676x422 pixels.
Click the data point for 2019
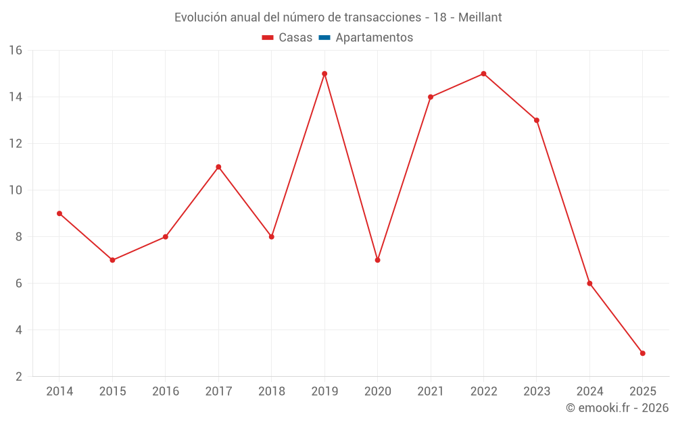[x=324, y=74]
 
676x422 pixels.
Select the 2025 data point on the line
[x=642, y=353]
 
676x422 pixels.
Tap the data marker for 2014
[x=59, y=213]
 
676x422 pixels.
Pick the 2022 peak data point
[x=483, y=74]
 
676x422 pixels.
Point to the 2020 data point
[x=377, y=260]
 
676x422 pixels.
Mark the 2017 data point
[x=218, y=167]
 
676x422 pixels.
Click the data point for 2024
[x=589, y=284]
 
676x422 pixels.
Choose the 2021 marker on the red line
[x=431, y=97]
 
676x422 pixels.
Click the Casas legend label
[x=295, y=38]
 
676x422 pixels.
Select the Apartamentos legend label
[x=374, y=38]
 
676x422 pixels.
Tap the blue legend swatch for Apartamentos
[x=324, y=38]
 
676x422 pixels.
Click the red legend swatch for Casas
[x=268, y=38]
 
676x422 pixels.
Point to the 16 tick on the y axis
[x=16, y=51]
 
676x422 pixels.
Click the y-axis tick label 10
[x=16, y=190]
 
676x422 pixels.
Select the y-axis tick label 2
[x=19, y=377]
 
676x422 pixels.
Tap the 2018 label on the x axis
[x=271, y=392]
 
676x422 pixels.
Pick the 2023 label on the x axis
[x=537, y=392]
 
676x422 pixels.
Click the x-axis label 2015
[x=112, y=392]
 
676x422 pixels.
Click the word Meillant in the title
[x=480, y=18]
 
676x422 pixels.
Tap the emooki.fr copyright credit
[x=617, y=408]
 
